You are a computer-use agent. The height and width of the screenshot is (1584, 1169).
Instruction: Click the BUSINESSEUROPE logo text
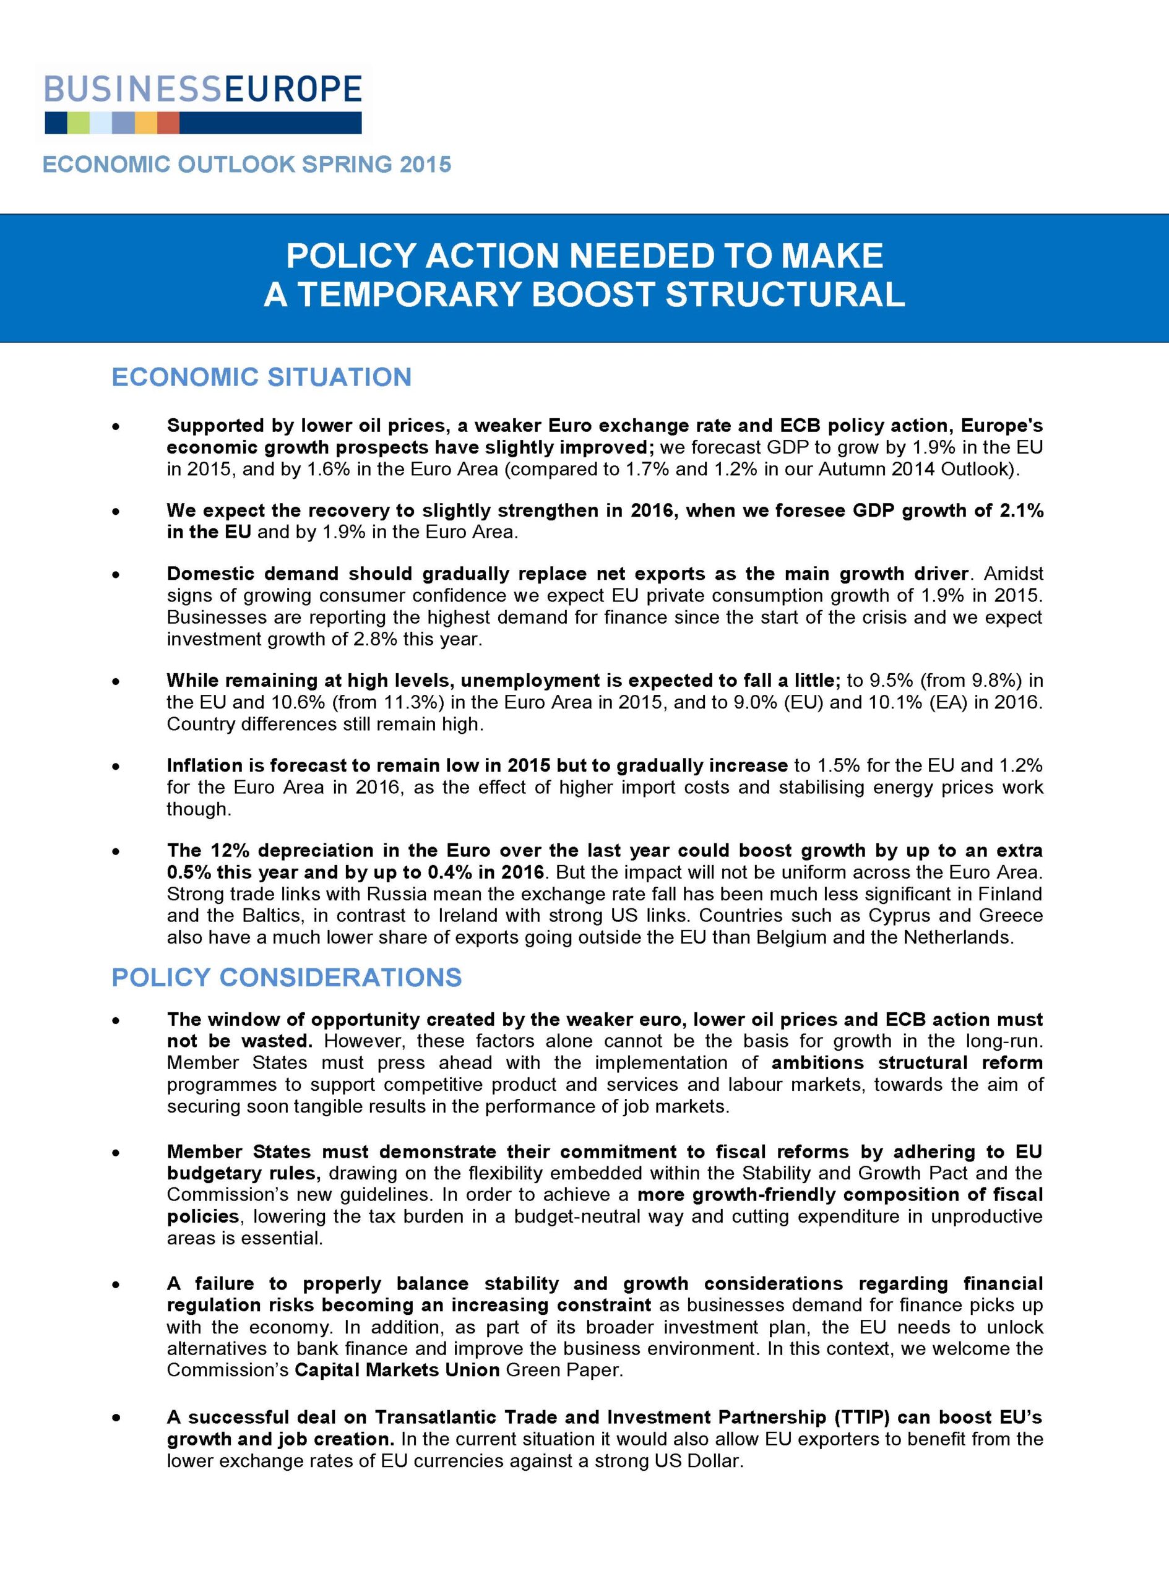203,90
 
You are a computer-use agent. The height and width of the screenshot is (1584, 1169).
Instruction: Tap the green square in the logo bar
79,123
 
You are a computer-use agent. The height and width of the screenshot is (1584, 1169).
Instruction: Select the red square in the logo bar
168,123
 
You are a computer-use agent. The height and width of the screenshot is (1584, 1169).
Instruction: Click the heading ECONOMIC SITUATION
261,377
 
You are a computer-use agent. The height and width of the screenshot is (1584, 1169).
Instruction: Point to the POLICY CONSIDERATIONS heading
287,977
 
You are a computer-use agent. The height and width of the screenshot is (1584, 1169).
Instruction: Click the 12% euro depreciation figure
226,850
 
